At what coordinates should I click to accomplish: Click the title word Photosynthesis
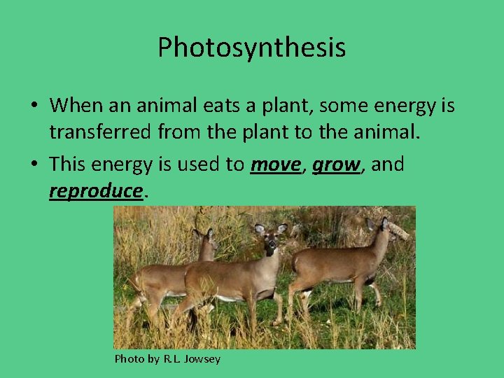click(x=251, y=48)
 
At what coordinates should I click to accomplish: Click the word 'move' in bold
click(x=275, y=164)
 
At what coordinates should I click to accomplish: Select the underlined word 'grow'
click(x=335, y=164)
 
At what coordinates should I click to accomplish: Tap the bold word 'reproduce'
click(x=96, y=190)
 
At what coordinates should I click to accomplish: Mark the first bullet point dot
click(x=34, y=106)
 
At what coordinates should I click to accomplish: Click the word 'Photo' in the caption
click(x=129, y=359)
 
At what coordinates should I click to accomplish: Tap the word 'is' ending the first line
click(x=446, y=106)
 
